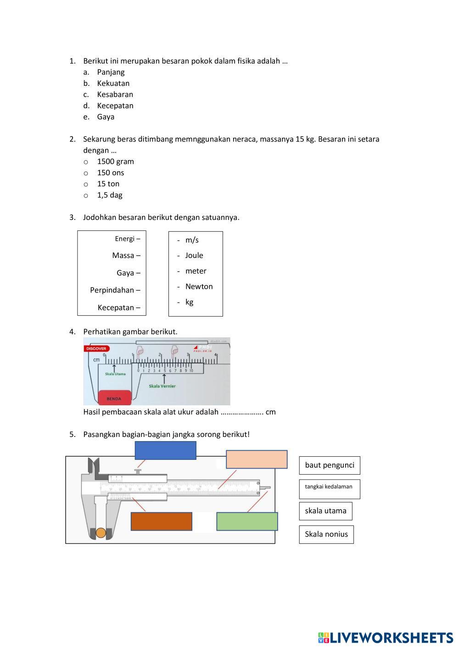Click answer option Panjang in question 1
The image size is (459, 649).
point(111,72)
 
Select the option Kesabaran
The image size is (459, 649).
point(115,95)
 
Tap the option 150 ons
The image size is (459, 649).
point(110,173)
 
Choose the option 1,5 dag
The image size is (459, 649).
point(109,195)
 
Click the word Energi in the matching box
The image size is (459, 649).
point(125,239)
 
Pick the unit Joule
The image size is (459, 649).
point(194,256)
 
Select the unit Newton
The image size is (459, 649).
point(199,286)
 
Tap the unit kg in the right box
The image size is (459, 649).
point(189,302)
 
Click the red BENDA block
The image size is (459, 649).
point(114,397)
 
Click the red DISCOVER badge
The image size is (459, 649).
point(96,349)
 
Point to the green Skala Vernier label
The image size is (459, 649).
point(162,386)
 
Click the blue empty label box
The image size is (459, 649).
point(165,450)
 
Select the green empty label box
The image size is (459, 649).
point(247,521)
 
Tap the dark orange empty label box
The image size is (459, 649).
point(162,521)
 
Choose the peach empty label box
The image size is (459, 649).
point(257,459)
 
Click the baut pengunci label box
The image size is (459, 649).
point(330,465)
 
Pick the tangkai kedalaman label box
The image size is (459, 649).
point(329,489)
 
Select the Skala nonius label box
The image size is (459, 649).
point(326,534)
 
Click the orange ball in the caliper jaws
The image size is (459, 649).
point(101,533)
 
